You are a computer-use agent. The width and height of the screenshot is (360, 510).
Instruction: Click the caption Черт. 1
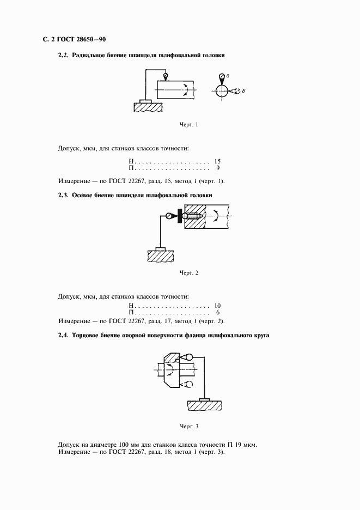click(188, 125)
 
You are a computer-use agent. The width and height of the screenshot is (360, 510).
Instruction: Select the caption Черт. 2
click(188, 272)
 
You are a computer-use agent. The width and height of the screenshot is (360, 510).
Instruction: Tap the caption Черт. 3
click(188, 426)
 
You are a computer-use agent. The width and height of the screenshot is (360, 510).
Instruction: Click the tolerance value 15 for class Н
click(217, 162)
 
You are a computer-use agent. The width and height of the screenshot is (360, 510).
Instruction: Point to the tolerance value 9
click(218, 169)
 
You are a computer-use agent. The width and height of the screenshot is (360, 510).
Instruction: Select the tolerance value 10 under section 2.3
click(217, 306)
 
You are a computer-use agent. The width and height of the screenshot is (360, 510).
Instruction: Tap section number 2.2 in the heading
click(63, 56)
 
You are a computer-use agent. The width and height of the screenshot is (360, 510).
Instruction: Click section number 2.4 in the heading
click(63, 335)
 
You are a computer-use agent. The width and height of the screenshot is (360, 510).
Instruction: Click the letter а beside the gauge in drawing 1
click(229, 75)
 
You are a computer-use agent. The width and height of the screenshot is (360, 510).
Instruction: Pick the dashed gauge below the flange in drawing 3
click(186, 385)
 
